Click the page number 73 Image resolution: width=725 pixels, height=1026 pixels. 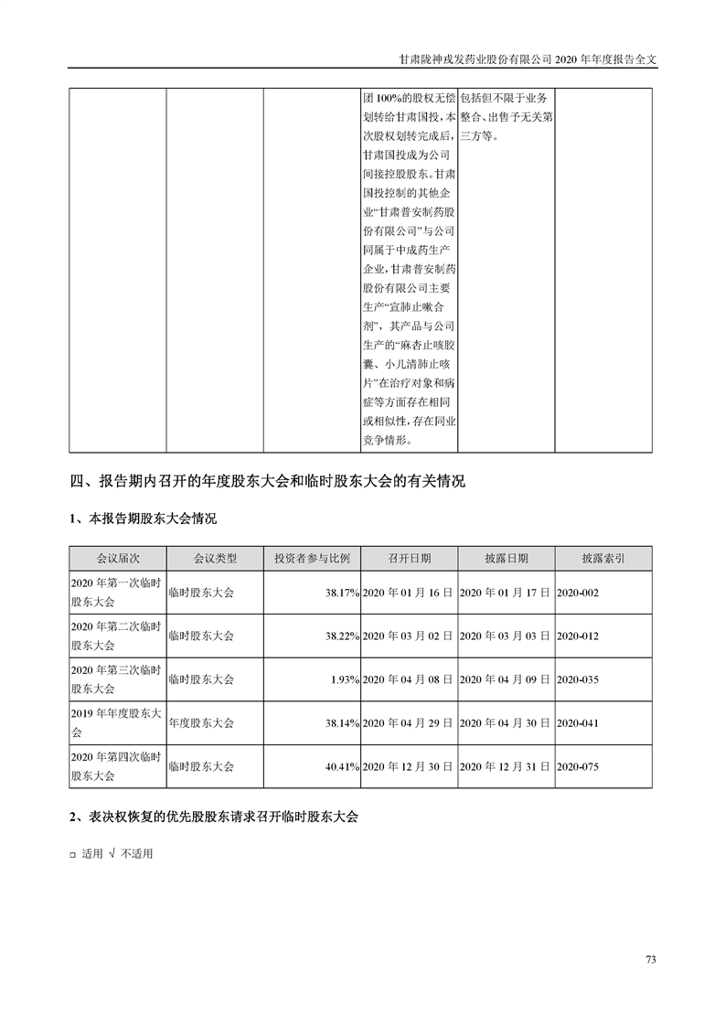(651, 959)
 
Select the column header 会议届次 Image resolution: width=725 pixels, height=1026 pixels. (117, 558)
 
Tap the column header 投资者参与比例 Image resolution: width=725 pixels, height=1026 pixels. (312, 558)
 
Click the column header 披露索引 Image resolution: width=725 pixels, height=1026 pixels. (602, 558)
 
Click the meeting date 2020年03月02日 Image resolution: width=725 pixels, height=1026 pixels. (408, 636)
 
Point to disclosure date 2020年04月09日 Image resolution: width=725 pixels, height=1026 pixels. (505, 679)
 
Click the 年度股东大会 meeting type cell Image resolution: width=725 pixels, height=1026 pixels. (202, 723)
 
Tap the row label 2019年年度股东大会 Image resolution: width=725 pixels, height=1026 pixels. (116, 723)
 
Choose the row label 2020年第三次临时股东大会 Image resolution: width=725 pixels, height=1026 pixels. (116, 679)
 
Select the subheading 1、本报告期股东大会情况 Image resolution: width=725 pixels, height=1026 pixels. (144, 518)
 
